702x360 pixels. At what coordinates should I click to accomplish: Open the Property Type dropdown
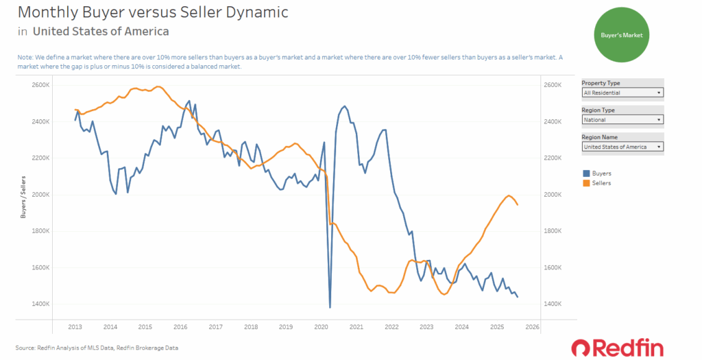(x=622, y=92)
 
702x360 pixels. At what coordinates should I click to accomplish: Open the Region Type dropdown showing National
(x=622, y=119)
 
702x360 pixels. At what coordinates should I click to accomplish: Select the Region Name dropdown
(x=622, y=147)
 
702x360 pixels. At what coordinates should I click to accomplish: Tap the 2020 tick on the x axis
(x=322, y=327)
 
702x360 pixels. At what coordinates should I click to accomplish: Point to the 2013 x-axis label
(x=76, y=327)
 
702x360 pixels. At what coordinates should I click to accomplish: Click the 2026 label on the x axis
(x=532, y=327)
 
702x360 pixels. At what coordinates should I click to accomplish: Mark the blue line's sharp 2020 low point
(x=330, y=307)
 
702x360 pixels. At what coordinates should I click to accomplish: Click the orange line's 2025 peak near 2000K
(x=509, y=195)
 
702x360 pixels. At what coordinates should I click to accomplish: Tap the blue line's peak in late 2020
(x=344, y=106)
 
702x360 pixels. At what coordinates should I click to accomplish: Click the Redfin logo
(x=617, y=347)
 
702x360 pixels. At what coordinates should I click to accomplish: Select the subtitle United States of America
(x=101, y=31)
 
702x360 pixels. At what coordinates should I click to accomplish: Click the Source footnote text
(x=97, y=348)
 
